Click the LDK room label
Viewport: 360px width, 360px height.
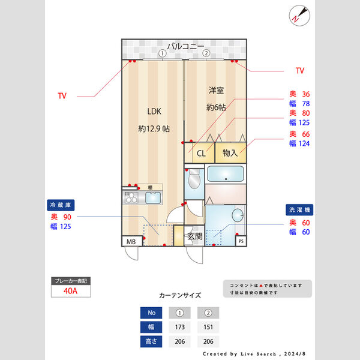[154, 111]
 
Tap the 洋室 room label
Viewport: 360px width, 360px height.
[216, 91]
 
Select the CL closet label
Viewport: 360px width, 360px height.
[201, 153]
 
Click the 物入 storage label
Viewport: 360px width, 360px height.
[230, 153]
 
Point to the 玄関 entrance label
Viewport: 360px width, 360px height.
[194, 236]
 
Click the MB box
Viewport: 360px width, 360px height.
[130, 241]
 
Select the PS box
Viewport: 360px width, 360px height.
[241, 241]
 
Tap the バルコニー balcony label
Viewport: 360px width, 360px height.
[185, 46]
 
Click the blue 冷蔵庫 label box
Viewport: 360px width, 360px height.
[62, 205]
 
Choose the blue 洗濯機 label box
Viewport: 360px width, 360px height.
[298, 211]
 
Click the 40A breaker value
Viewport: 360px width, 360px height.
[70, 291]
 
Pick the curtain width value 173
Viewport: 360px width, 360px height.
[179, 327]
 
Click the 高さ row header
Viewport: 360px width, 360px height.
[151, 341]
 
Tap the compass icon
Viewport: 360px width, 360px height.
[298, 14]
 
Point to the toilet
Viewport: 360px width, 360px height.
[194, 180]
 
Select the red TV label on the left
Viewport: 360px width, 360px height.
[62, 95]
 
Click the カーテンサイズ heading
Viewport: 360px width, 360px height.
[180, 295]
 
